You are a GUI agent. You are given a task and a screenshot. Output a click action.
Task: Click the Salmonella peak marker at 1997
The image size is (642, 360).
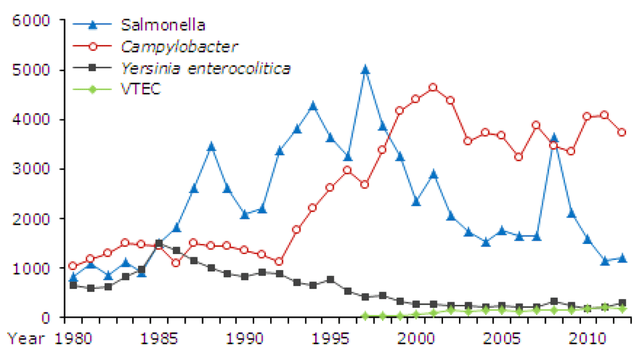(x=365, y=70)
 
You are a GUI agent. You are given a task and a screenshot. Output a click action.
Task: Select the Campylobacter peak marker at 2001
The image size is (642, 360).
(x=433, y=87)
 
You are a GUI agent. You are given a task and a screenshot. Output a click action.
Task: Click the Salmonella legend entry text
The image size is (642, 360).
(x=163, y=26)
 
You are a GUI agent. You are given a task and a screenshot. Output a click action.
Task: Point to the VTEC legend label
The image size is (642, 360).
(x=141, y=89)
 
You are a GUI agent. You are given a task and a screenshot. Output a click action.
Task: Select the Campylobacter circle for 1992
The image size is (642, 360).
(x=279, y=262)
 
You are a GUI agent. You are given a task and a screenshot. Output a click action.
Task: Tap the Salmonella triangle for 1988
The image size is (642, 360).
(x=211, y=146)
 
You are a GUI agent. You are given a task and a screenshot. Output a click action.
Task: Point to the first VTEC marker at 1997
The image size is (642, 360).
(x=365, y=316)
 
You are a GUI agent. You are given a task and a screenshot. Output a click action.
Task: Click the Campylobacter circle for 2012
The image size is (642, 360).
(x=622, y=132)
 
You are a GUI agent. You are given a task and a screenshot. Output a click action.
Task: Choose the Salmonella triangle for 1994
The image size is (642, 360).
(x=313, y=105)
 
